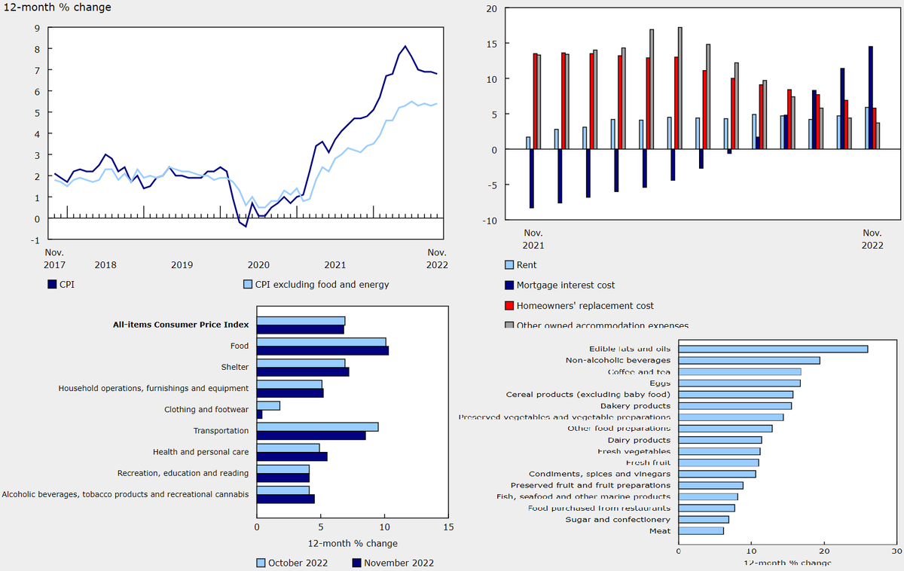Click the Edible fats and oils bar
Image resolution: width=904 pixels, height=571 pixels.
click(773, 349)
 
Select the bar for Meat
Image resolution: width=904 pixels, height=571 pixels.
click(701, 530)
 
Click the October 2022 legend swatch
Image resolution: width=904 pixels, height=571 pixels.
click(261, 563)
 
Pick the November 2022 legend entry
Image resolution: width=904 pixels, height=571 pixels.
click(392, 563)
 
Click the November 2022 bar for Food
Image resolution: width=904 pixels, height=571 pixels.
click(322, 350)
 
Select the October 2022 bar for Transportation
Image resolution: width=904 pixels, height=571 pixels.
click(317, 426)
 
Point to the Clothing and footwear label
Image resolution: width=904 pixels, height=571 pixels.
click(206, 410)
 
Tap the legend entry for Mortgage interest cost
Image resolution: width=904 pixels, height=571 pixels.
click(565, 285)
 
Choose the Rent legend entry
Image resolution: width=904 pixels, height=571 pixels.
click(526, 265)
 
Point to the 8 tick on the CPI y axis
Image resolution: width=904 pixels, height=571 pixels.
click(37, 49)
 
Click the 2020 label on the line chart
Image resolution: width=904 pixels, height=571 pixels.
click(258, 264)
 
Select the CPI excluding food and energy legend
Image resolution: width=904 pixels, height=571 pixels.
click(316, 284)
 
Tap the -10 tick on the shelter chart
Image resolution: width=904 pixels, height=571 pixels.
click(490, 220)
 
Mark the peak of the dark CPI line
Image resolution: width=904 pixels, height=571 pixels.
click(405, 46)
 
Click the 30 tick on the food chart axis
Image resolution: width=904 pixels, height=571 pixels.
click(895, 551)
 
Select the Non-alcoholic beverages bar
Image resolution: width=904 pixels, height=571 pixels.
click(749, 360)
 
